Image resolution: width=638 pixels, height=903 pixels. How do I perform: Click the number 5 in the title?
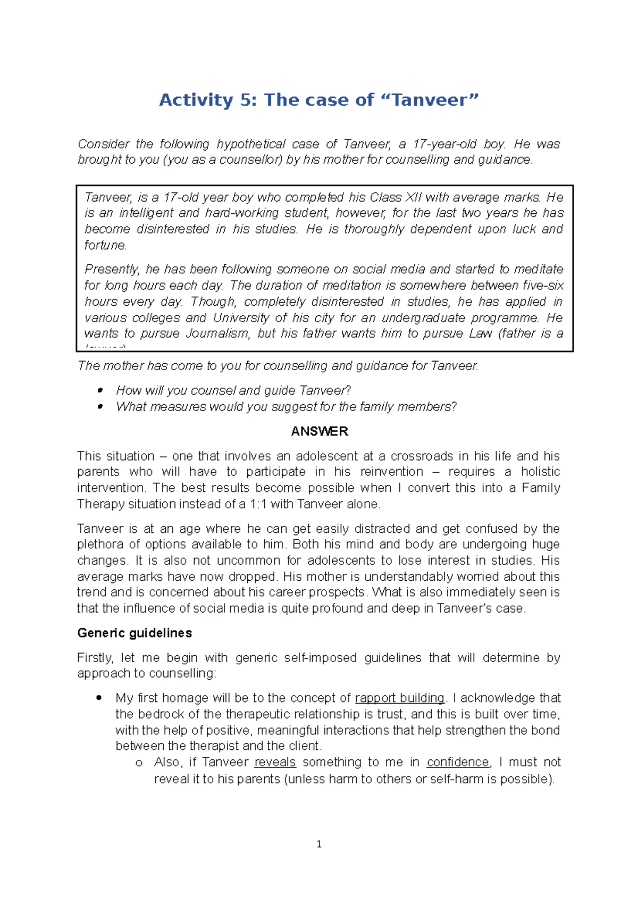tap(247, 100)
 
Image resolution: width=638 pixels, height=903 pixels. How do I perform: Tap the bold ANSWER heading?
tap(319, 431)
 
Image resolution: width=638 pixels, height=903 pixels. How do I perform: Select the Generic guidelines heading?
tap(135, 633)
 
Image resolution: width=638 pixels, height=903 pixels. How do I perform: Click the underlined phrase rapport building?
tap(399, 698)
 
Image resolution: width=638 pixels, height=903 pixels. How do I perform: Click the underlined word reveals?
tap(275, 762)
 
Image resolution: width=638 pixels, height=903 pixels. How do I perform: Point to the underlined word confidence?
tap(458, 762)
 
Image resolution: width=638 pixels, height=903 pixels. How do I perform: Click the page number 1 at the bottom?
tap(319, 845)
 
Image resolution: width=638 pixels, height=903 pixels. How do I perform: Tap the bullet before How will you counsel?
tap(100, 390)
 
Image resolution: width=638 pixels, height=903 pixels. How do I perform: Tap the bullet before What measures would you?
tap(100, 407)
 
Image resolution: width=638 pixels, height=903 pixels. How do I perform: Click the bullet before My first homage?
tap(99, 698)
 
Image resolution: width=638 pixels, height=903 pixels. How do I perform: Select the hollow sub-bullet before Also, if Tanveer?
tap(139, 763)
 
